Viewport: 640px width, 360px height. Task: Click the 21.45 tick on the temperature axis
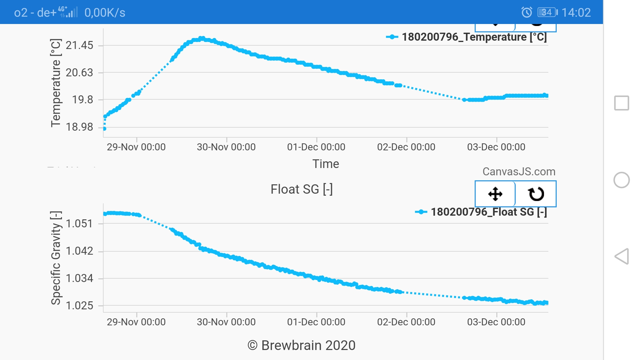(79, 45)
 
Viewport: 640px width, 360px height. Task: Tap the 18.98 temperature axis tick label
(79, 127)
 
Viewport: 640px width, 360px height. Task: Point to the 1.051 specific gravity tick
(79, 224)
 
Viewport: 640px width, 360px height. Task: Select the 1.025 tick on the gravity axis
(79, 306)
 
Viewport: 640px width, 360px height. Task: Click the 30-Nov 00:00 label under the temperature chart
(226, 147)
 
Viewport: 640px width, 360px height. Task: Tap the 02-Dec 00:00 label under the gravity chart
(406, 322)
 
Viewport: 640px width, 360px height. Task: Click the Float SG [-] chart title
(301, 189)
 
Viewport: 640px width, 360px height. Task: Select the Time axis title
(325, 164)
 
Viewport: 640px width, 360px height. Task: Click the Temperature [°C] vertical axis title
(56, 83)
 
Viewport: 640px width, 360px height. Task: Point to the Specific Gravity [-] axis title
(56, 258)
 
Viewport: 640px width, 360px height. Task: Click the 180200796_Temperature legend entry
(467, 37)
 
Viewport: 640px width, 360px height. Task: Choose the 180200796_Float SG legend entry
(481, 212)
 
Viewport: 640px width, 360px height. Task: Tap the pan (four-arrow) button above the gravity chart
(495, 194)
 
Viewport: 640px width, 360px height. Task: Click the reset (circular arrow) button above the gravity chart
(536, 194)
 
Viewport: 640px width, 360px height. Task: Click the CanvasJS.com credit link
(519, 172)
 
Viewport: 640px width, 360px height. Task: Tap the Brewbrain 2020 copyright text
(301, 346)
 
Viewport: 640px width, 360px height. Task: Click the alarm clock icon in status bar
(527, 13)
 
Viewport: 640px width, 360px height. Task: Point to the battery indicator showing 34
(547, 13)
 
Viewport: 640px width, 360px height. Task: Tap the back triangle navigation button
(621, 256)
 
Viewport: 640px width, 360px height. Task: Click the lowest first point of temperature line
(104, 129)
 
